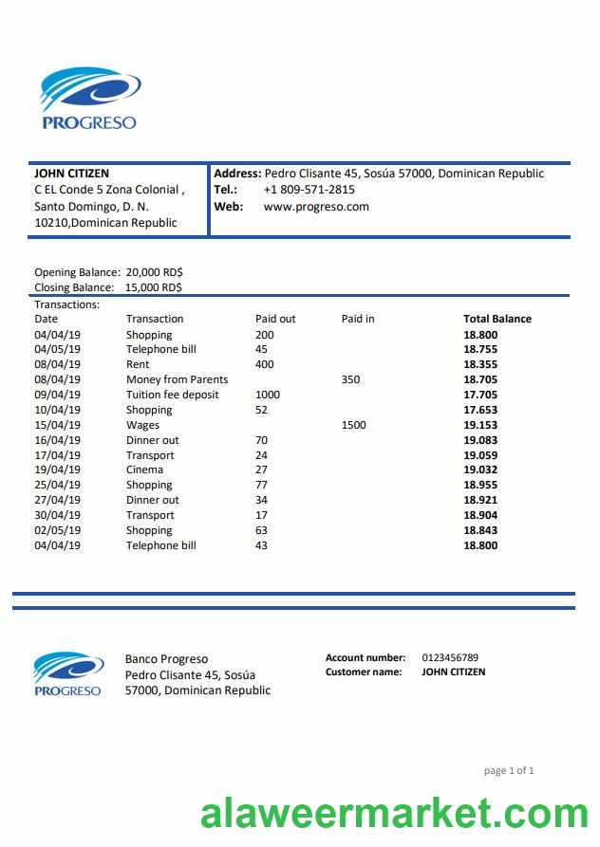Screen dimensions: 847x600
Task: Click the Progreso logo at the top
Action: click(x=89, y=98)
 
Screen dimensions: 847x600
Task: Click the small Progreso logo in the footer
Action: click(x=67, y=673)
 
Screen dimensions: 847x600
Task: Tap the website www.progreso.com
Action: click(x=316, y=207)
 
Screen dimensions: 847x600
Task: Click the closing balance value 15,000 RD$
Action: click(x=154, y=287)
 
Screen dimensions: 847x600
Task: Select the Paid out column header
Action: click(x=275, y=319)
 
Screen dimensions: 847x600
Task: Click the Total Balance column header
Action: click(x=497, y=319)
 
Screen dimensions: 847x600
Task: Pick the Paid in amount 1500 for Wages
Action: click(x=353, y=425)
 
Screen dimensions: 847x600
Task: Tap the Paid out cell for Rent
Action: click(x=264, y=364)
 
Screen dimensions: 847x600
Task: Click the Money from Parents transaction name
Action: click(x=177, y=379)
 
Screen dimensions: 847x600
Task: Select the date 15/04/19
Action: click(x=58, y=425)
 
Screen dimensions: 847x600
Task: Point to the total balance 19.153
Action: click(x=479, y=425)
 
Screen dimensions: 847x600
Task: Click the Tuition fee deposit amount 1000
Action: click(x=268, y=395)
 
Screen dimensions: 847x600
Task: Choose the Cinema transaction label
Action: click(x=144, y=470)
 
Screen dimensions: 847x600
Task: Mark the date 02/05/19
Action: click(x=58, y=530)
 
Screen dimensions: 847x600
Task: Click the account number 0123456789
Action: click(x=450, y=657)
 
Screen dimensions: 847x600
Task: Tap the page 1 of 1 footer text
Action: click(x=509, y=771)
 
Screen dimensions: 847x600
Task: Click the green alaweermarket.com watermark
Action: click(x=394, y=815)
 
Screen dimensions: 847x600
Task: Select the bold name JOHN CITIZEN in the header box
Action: click(x=71, y=174)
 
